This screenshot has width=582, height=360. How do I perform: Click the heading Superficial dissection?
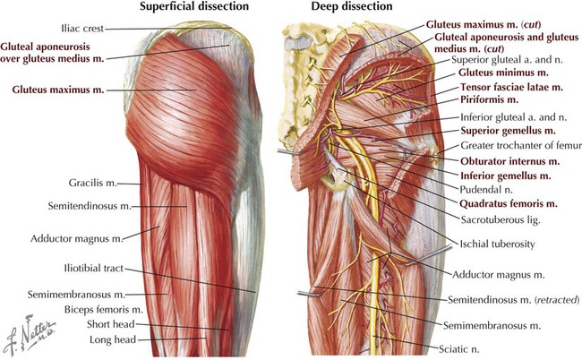tap(194, 6)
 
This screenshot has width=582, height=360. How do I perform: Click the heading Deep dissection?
tap(352, 6)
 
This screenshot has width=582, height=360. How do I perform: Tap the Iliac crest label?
tap(82, 29)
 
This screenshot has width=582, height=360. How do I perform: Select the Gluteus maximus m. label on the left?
tap(58, 90)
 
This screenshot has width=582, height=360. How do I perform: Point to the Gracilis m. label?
tap(93, 183)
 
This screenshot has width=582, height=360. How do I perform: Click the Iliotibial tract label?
tap(93, 268)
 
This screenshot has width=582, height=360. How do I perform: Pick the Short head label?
tap(111, 324)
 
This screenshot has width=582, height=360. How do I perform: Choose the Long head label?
tap(113, 339)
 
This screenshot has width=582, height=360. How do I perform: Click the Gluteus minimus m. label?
tap(503, 73)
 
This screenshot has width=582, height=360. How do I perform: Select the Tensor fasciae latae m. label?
tap(511, 87)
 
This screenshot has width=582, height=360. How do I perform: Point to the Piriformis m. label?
tap(489, 99)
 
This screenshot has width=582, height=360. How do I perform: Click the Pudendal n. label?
tap(486, 190)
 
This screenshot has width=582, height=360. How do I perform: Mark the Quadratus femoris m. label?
tap(509, 204)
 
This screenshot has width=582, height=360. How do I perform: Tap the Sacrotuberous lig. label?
tap(501, 220)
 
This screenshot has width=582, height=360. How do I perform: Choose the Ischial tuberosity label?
tap(497, 244)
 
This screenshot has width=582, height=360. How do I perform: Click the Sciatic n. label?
tap(459, 349)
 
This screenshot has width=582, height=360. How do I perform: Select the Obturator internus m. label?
tap(510, 161)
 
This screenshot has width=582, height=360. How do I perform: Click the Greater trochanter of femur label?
tap(521, 145)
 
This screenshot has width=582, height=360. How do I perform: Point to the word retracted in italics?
tap(556, 299)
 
